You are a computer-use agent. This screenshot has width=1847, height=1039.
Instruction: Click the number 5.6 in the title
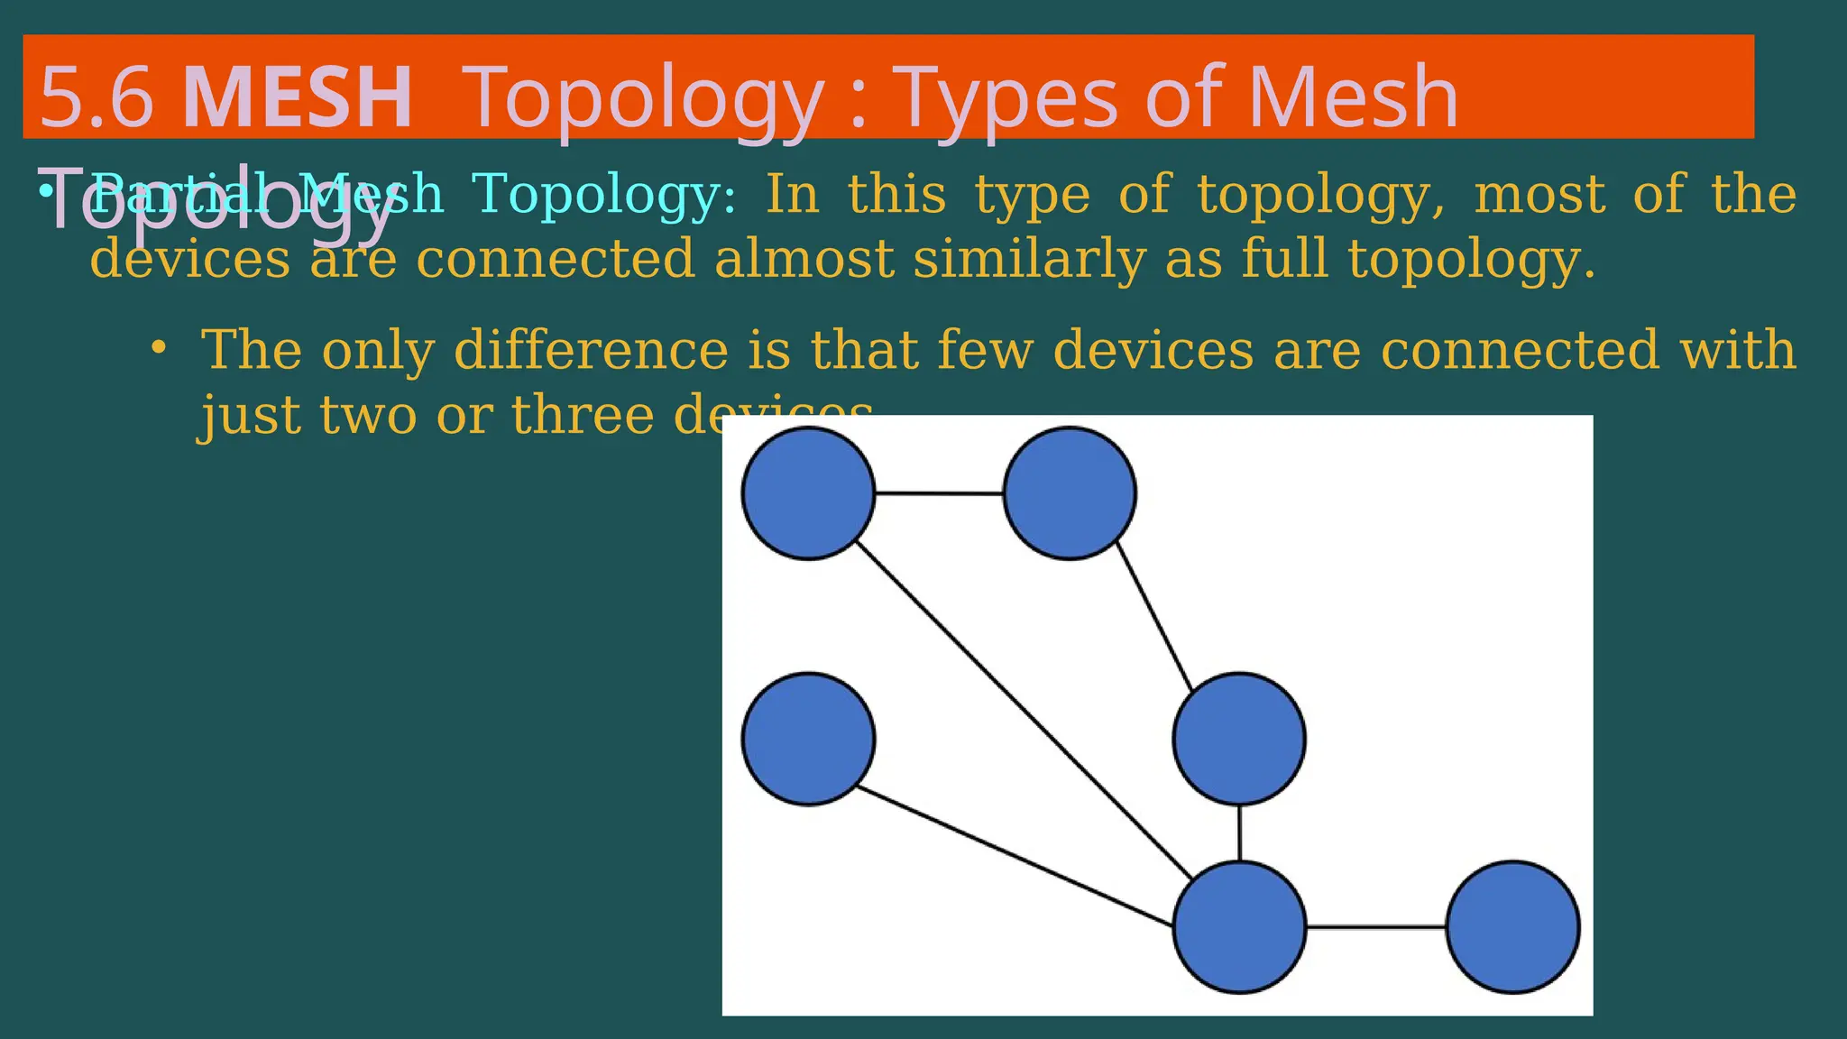tap(96, 97)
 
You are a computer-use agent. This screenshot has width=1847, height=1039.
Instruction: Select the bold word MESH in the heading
tap(298, 97)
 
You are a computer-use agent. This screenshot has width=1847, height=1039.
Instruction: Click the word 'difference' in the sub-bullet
tap(591, 350)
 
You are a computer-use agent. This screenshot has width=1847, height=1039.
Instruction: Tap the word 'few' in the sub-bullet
tap(985, 350)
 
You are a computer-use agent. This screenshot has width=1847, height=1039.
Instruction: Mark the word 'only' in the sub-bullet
tap(378, 350)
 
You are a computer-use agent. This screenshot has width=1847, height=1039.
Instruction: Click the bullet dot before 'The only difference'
tap(159, 348)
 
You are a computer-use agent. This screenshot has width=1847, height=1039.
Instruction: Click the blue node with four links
tap(1239, 927)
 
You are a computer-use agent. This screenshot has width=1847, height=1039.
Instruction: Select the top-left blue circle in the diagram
tap(808, 493)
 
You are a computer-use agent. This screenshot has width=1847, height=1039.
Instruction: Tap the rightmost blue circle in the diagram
tap(1512, 927)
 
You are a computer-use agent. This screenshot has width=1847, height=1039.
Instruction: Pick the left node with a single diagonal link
tap(808, 739)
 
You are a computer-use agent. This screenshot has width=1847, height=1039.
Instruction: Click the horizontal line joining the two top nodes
tap(939, 493)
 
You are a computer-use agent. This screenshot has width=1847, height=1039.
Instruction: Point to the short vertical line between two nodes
tap(1239, 832)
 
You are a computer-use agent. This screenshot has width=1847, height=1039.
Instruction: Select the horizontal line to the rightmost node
tap(1376, 927)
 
